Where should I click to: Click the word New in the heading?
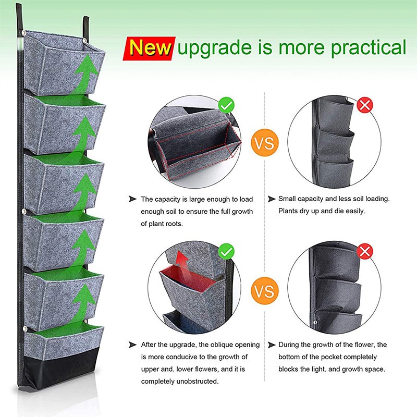(x=150, y=48)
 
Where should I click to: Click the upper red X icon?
(x=364, y=106)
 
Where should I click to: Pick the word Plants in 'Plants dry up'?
(x=290, y=211)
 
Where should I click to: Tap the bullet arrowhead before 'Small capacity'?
(x=272, y=199)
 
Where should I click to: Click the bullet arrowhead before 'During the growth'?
(x=272, y=345)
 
